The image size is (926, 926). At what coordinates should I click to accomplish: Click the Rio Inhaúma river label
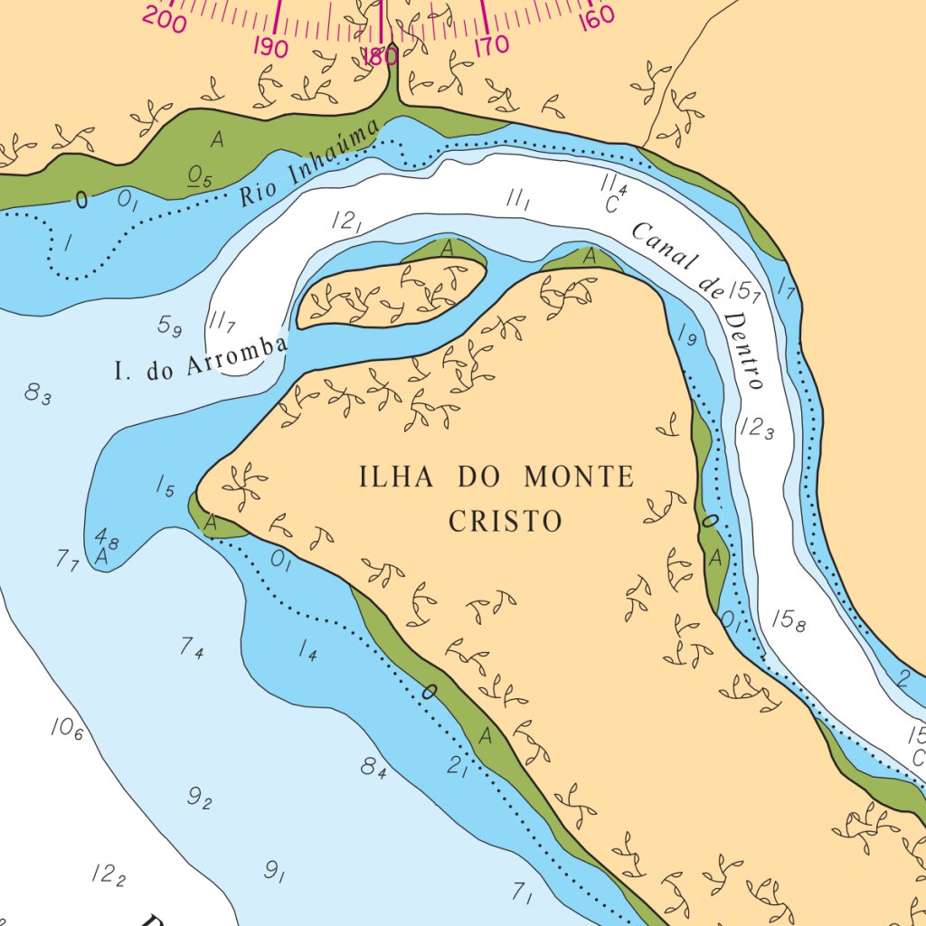coord(309,165)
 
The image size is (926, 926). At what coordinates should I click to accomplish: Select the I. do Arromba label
coord(202,357)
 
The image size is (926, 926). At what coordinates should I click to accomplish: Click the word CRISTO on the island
coord(506,522)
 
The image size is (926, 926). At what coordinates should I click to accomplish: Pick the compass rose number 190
coord(270,47)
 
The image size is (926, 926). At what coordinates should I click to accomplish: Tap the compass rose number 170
coord(490,44)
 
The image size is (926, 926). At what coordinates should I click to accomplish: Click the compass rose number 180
coord(379,56)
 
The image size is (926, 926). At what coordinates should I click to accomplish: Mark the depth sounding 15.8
coord(787,620)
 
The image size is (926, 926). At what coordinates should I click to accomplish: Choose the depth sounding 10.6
coord(66,728)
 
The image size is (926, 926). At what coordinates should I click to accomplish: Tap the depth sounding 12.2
coord(108,874)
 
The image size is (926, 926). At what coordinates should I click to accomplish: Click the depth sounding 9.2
coord(199,798)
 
